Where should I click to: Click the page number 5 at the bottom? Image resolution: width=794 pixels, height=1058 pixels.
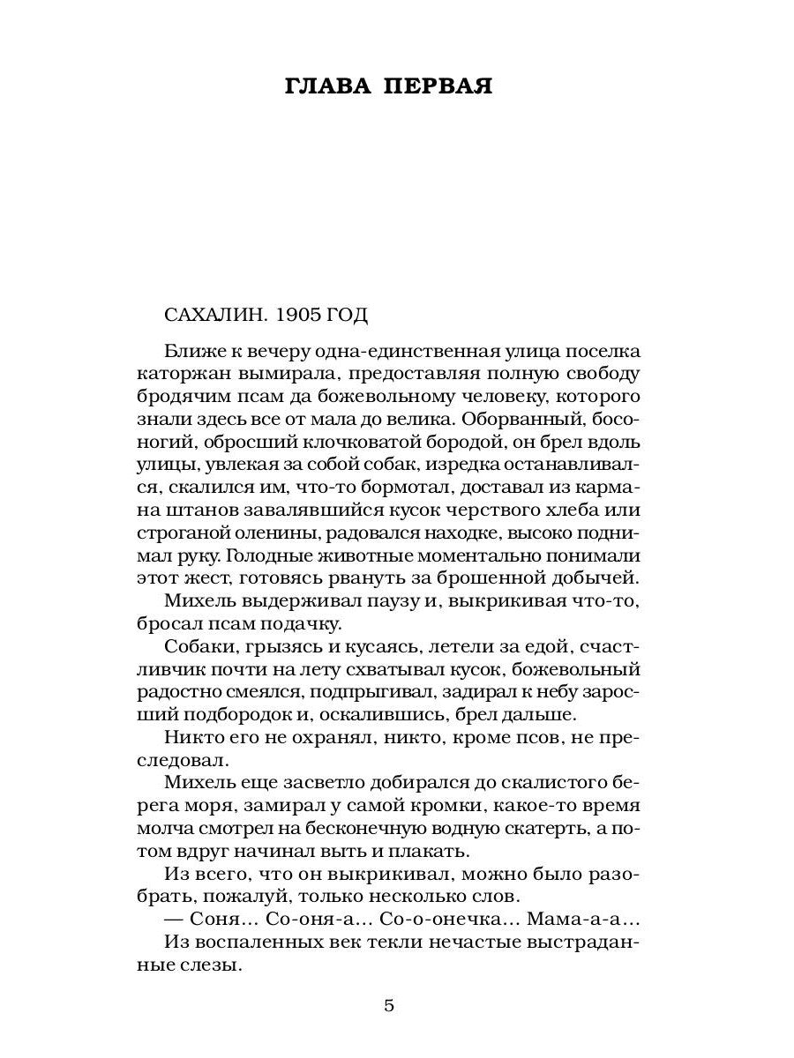[389, 1007]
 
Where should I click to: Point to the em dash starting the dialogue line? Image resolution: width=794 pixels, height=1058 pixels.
[176, 920]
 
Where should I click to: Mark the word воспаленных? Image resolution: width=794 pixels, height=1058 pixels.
[264, 943]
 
